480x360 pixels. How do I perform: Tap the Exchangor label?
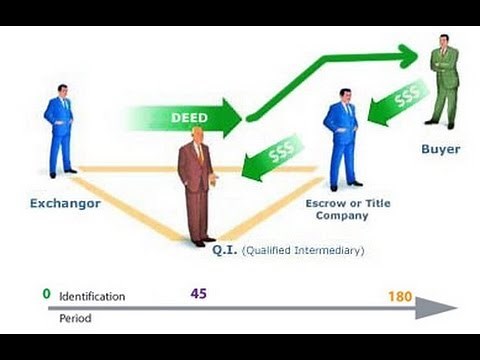[65, 203]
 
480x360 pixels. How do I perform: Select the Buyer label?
[440, 149]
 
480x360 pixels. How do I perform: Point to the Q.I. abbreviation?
[225, 250]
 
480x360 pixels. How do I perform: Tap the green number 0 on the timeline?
[46, 294]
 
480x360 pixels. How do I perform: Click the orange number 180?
[401, 296]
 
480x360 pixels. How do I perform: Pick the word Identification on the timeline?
[92, 296]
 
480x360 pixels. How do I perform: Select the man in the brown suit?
[197, 190]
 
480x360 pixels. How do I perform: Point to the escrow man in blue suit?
[341, 135]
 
